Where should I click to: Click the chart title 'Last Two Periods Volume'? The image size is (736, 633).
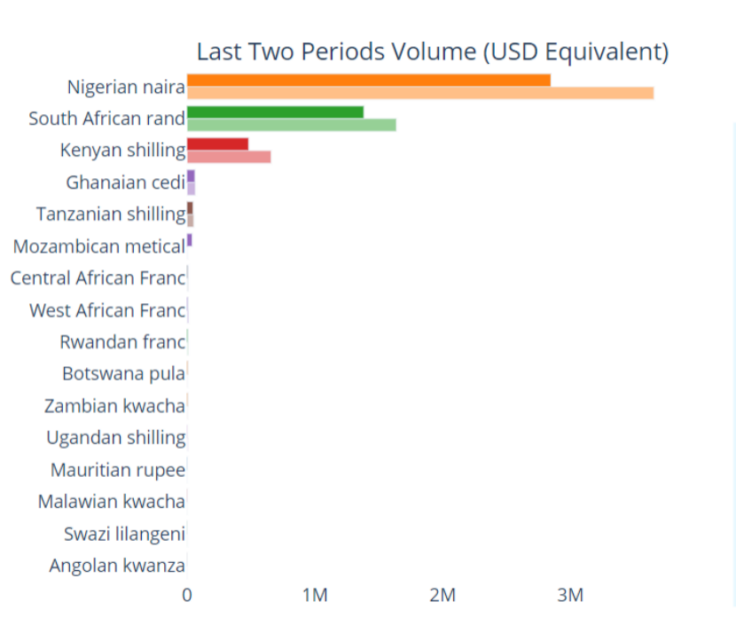(x=432, y=51)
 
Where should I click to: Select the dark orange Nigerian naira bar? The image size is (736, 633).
(x=368, y=81)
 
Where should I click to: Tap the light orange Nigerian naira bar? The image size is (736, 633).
(x=419, y=93)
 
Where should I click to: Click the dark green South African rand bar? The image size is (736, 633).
(x=275, y=113)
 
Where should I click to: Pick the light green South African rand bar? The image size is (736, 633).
(x=291, y=125)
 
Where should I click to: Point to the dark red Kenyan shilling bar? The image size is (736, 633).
(x=217, y=145)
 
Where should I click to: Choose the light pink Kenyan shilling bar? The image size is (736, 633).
(x=229, y=157)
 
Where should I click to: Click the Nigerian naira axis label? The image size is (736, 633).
(x=126, y=87)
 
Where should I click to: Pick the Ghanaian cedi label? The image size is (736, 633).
(x=125, y=183)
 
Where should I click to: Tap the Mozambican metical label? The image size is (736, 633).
(x=98, y=246)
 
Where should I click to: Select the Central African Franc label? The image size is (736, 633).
(x=98, y=278)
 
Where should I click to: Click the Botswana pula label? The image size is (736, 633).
(x=123, y=374)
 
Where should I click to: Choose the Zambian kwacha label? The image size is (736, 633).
(x=114, y=406)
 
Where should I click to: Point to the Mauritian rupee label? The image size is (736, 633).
(x=118, y=470)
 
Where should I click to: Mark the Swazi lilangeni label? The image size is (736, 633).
(x=124, y=534)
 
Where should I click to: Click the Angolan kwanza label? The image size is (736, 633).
(x=117, y=566)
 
